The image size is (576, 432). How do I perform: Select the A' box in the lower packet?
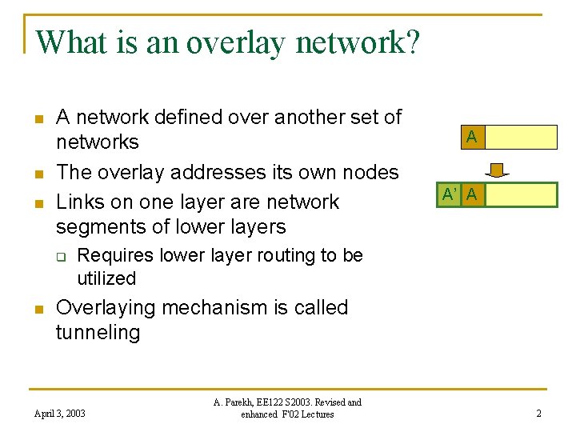pyautogui.click(x=450, y=194)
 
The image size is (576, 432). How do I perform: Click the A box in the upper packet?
pyautogui.click(x=472, y=138)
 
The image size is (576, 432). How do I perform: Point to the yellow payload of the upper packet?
pyautogui.click(x=521, y=138)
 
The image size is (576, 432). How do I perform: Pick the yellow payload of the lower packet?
pyautogui.click(x=521, y=194)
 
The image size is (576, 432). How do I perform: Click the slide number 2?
pyautogui.click(x=538, y=414)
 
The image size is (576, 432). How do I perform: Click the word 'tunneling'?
pyautogui.click(x=98, y=333)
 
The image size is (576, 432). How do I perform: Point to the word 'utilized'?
pyautogui.click(x=106, y=279)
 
